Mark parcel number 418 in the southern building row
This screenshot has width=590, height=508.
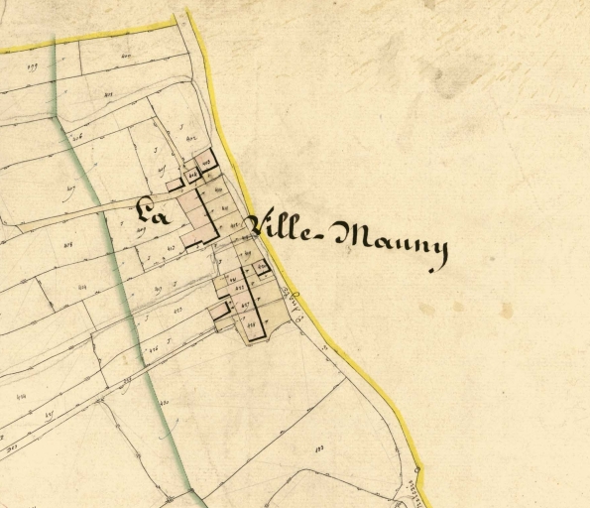251,324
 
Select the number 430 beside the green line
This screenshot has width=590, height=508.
164,402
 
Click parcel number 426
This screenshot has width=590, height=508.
154,349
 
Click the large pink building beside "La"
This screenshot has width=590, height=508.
195,215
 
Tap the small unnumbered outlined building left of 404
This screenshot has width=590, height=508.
175,185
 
